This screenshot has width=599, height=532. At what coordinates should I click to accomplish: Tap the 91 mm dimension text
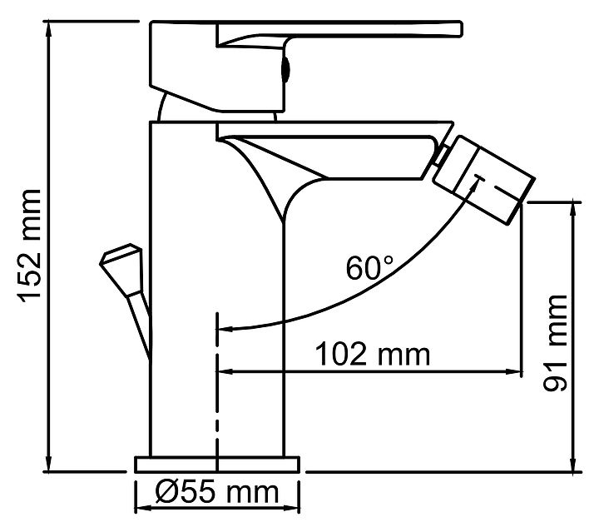pos(555,342)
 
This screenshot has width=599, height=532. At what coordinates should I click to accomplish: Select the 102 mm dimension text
pos(373,355)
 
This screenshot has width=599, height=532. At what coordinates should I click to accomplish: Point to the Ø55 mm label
pos(216,492)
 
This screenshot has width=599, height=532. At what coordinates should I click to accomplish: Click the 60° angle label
pos(369,267)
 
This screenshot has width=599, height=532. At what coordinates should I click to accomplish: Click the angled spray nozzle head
pos(484,179)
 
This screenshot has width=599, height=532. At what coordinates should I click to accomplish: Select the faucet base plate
pos(216,465)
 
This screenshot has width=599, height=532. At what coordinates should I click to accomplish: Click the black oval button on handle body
pos(285,69)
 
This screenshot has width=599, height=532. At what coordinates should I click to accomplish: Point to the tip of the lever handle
pos(461,29)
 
